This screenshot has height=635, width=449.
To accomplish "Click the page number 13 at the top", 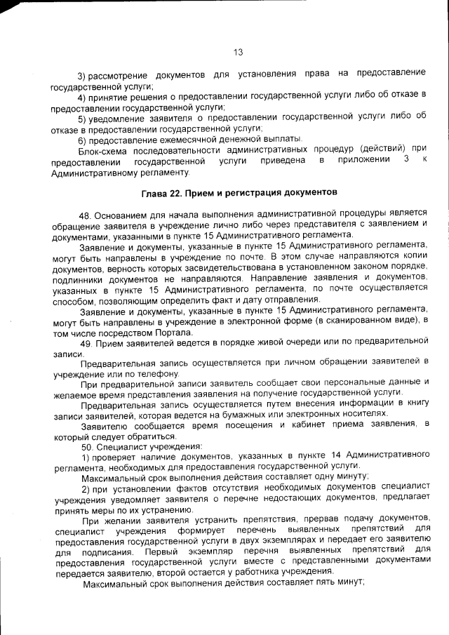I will click(237, 53).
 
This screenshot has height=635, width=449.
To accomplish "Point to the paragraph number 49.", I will click(87, 342).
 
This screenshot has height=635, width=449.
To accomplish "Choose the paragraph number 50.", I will click(87, 446).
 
